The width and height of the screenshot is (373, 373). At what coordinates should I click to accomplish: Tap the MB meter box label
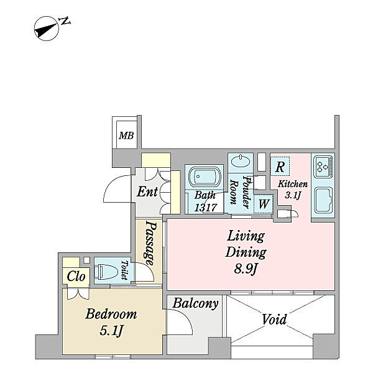(x=126, y=136)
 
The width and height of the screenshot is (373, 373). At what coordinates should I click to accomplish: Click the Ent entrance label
(x=147, y=191)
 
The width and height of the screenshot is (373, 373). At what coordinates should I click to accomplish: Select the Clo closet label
(x=76, y=276)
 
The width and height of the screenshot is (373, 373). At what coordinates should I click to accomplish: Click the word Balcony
(x=195, y=304)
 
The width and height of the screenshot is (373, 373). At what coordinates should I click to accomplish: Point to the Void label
(x=274, y=320)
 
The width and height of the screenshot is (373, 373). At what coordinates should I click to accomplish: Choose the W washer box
(x=264, y=203)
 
